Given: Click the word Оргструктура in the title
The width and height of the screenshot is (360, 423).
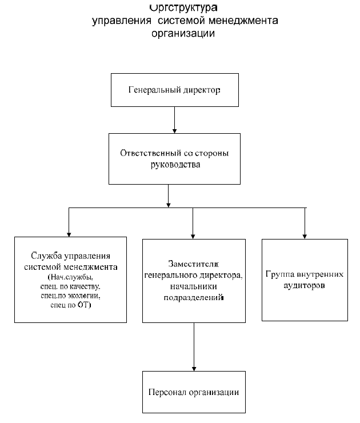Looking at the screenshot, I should click(182, 8).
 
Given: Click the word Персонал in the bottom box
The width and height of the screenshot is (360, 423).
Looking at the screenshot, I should click(168, 393).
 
